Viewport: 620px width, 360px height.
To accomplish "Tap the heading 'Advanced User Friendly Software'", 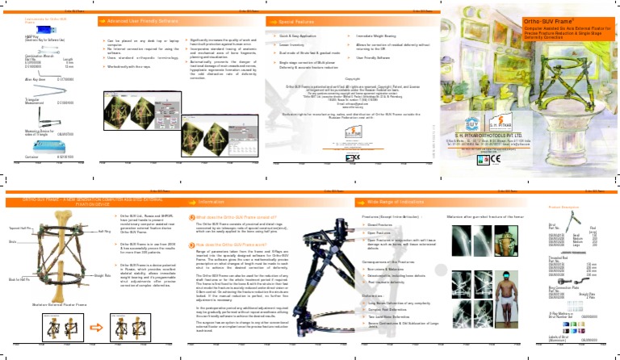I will click(145, 22).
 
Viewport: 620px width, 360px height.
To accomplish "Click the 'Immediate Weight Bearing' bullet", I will click(377, 37).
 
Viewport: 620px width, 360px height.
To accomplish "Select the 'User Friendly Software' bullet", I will click(375, 58).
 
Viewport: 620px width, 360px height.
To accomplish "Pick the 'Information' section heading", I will click(217, 201).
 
